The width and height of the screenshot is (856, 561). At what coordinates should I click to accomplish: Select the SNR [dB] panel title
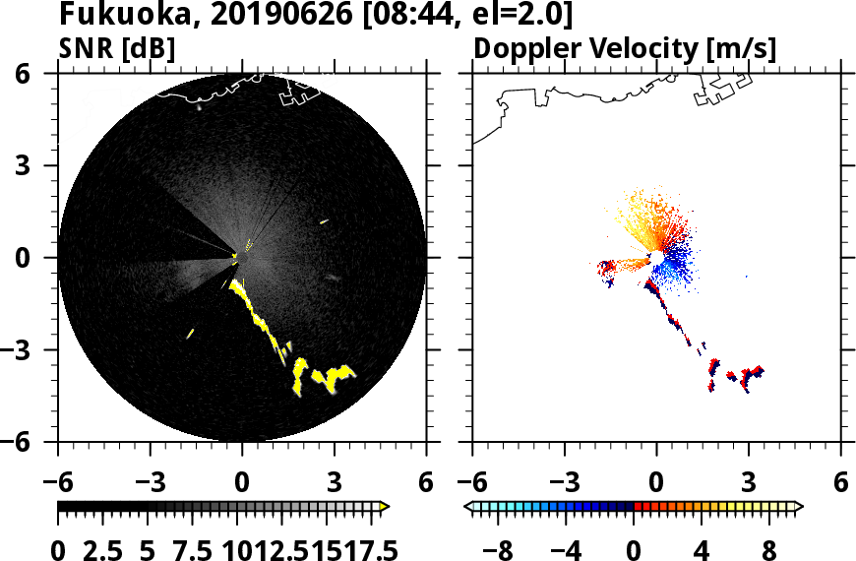pos(117,47)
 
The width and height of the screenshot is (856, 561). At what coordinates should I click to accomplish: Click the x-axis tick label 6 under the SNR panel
pos(425,483)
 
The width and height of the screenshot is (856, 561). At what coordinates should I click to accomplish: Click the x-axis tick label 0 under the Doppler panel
pos(656,483)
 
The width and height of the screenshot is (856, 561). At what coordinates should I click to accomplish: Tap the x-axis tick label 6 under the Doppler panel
pos(840,483)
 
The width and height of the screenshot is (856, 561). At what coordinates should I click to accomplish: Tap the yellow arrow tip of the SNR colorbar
pos(385,507)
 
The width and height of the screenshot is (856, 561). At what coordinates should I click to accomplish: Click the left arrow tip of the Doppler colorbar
pos(468,507)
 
